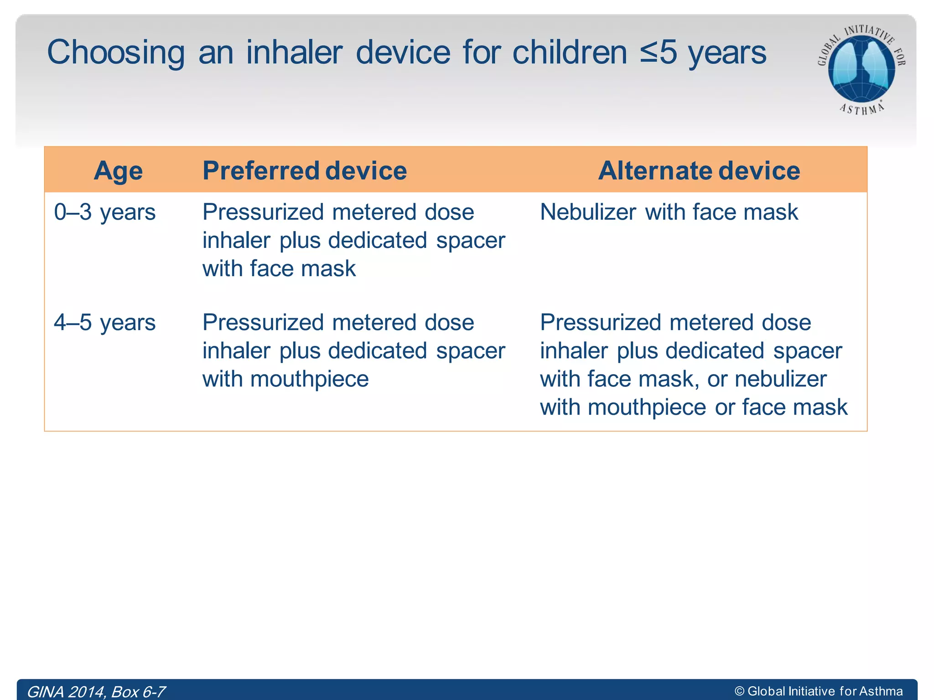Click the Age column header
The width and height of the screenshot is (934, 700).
pos(118,171)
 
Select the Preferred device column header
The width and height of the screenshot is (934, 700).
pos(304,171)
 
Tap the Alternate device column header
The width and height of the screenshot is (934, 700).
pos(699,171)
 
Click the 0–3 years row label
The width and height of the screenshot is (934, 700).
pos(104,212)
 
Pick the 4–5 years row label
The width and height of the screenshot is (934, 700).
pos(104,323)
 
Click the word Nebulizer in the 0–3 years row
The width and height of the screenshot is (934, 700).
pos(588,212)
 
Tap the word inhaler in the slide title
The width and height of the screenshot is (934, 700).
pos(294,52)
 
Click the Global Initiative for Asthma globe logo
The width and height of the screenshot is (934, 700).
pos(861,68)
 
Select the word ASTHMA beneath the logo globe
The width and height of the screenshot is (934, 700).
pos(861,109)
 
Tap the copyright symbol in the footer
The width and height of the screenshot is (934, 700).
pos(739,691)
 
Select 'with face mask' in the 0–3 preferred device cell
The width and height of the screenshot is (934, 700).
pos(279,268)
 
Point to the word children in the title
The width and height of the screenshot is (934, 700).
pos(570,52)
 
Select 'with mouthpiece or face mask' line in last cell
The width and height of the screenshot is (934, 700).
pos(693,407)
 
